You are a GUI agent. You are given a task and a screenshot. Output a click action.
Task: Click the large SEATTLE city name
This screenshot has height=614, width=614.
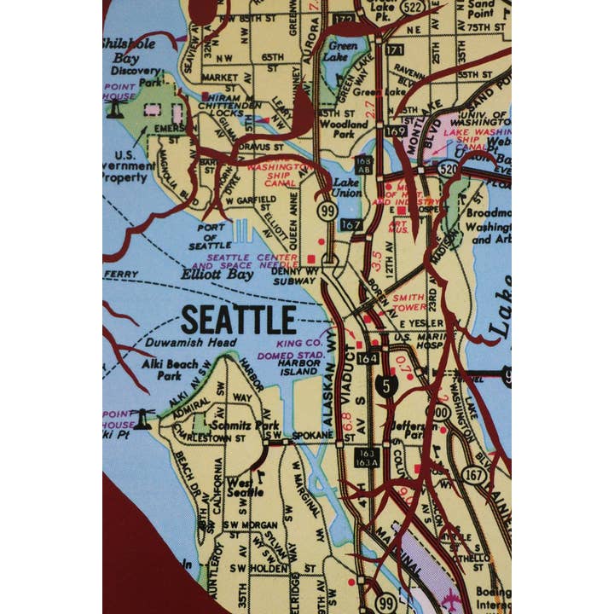[238, 320]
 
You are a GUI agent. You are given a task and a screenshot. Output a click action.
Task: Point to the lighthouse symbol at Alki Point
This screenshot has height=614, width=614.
[144, 418]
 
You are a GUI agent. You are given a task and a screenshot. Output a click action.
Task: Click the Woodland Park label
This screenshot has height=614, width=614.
[343, 129]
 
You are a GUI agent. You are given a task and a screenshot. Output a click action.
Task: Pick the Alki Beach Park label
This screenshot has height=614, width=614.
[162, 368]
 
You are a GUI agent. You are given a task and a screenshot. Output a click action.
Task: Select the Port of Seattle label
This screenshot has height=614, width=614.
[211, 236]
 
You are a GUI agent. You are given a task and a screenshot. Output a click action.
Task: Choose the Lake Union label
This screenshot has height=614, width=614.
[346, 188]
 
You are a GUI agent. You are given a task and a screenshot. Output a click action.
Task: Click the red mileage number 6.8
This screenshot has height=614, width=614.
[346, 421]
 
